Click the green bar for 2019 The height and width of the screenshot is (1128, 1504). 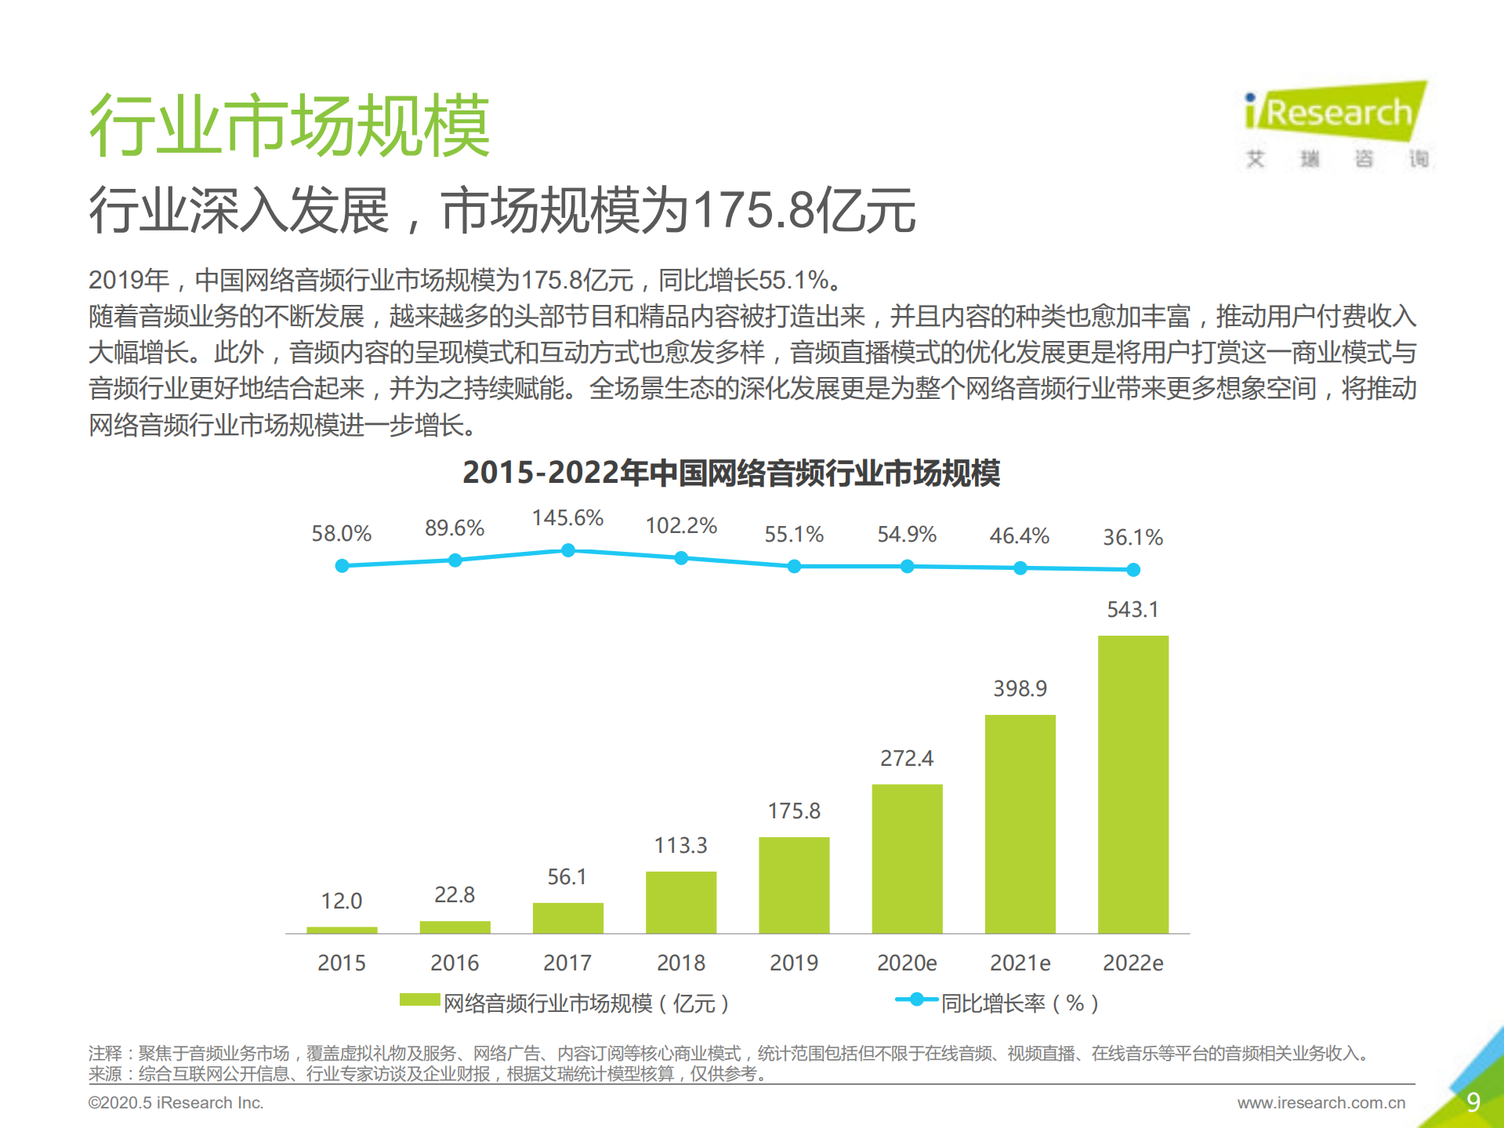pos(794,885)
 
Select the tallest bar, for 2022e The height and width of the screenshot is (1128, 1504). pos(1133,784)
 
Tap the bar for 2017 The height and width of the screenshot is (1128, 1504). pos(567,918)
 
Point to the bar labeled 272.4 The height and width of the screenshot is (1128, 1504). pos(907,858)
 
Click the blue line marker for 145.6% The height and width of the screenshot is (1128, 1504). pos(568,551)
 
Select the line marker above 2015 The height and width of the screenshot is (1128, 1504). pos(342,566)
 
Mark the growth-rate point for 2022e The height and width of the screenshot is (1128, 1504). pos(1133,570)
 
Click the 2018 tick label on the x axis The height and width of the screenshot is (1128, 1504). pos(680,963)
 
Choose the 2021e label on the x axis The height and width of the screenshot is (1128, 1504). pos(1020,963)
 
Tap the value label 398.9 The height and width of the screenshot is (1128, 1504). pos(1020,688)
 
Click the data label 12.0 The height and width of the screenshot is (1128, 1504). pos(342,901)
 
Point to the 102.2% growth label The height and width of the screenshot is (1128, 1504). pos(680,525)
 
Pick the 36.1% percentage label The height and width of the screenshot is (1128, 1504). pos(1133,537)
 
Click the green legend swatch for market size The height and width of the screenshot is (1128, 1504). pos(419,999)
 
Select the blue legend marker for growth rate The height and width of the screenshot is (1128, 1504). pos(916,999)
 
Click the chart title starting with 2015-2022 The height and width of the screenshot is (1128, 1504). pos(731,473)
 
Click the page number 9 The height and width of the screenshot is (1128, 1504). pos(1473,1102)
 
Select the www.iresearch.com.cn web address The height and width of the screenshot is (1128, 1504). pos(1321,1103)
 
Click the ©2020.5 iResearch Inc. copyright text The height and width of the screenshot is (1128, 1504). pos(176,1103)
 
